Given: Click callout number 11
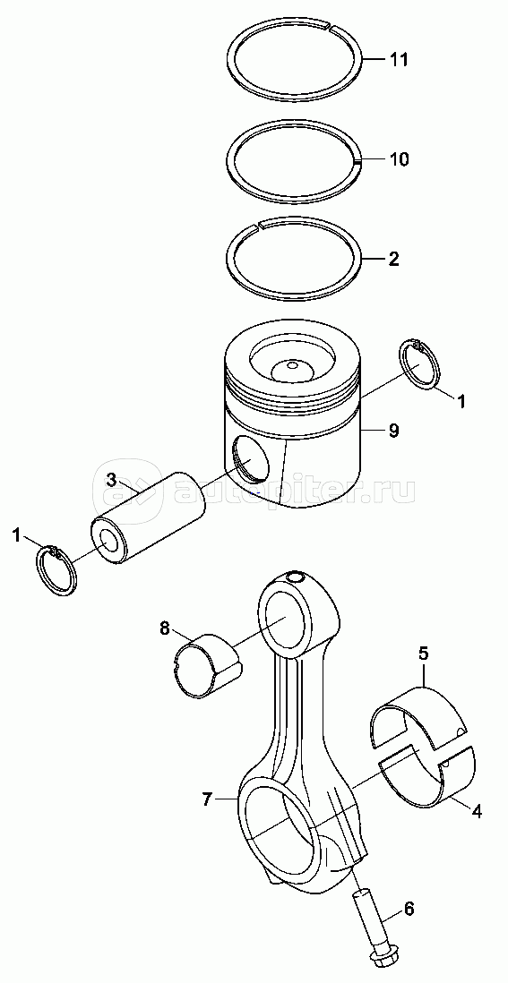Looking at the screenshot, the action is [399, 60].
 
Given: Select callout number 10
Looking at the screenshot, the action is [399, 159].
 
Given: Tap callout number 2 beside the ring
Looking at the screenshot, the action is [394, 259].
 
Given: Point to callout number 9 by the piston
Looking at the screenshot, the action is [393, 431].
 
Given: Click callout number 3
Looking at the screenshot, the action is [110, 480].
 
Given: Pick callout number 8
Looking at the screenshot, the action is [164, 628].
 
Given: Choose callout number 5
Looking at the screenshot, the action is [423, 654].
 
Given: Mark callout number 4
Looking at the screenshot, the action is [477, 810].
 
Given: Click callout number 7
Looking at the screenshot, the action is [208, 799].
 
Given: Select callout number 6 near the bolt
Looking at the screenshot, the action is [409, 908].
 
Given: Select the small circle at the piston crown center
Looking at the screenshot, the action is [290, 365].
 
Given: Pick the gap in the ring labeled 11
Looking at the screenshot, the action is [328, 25].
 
